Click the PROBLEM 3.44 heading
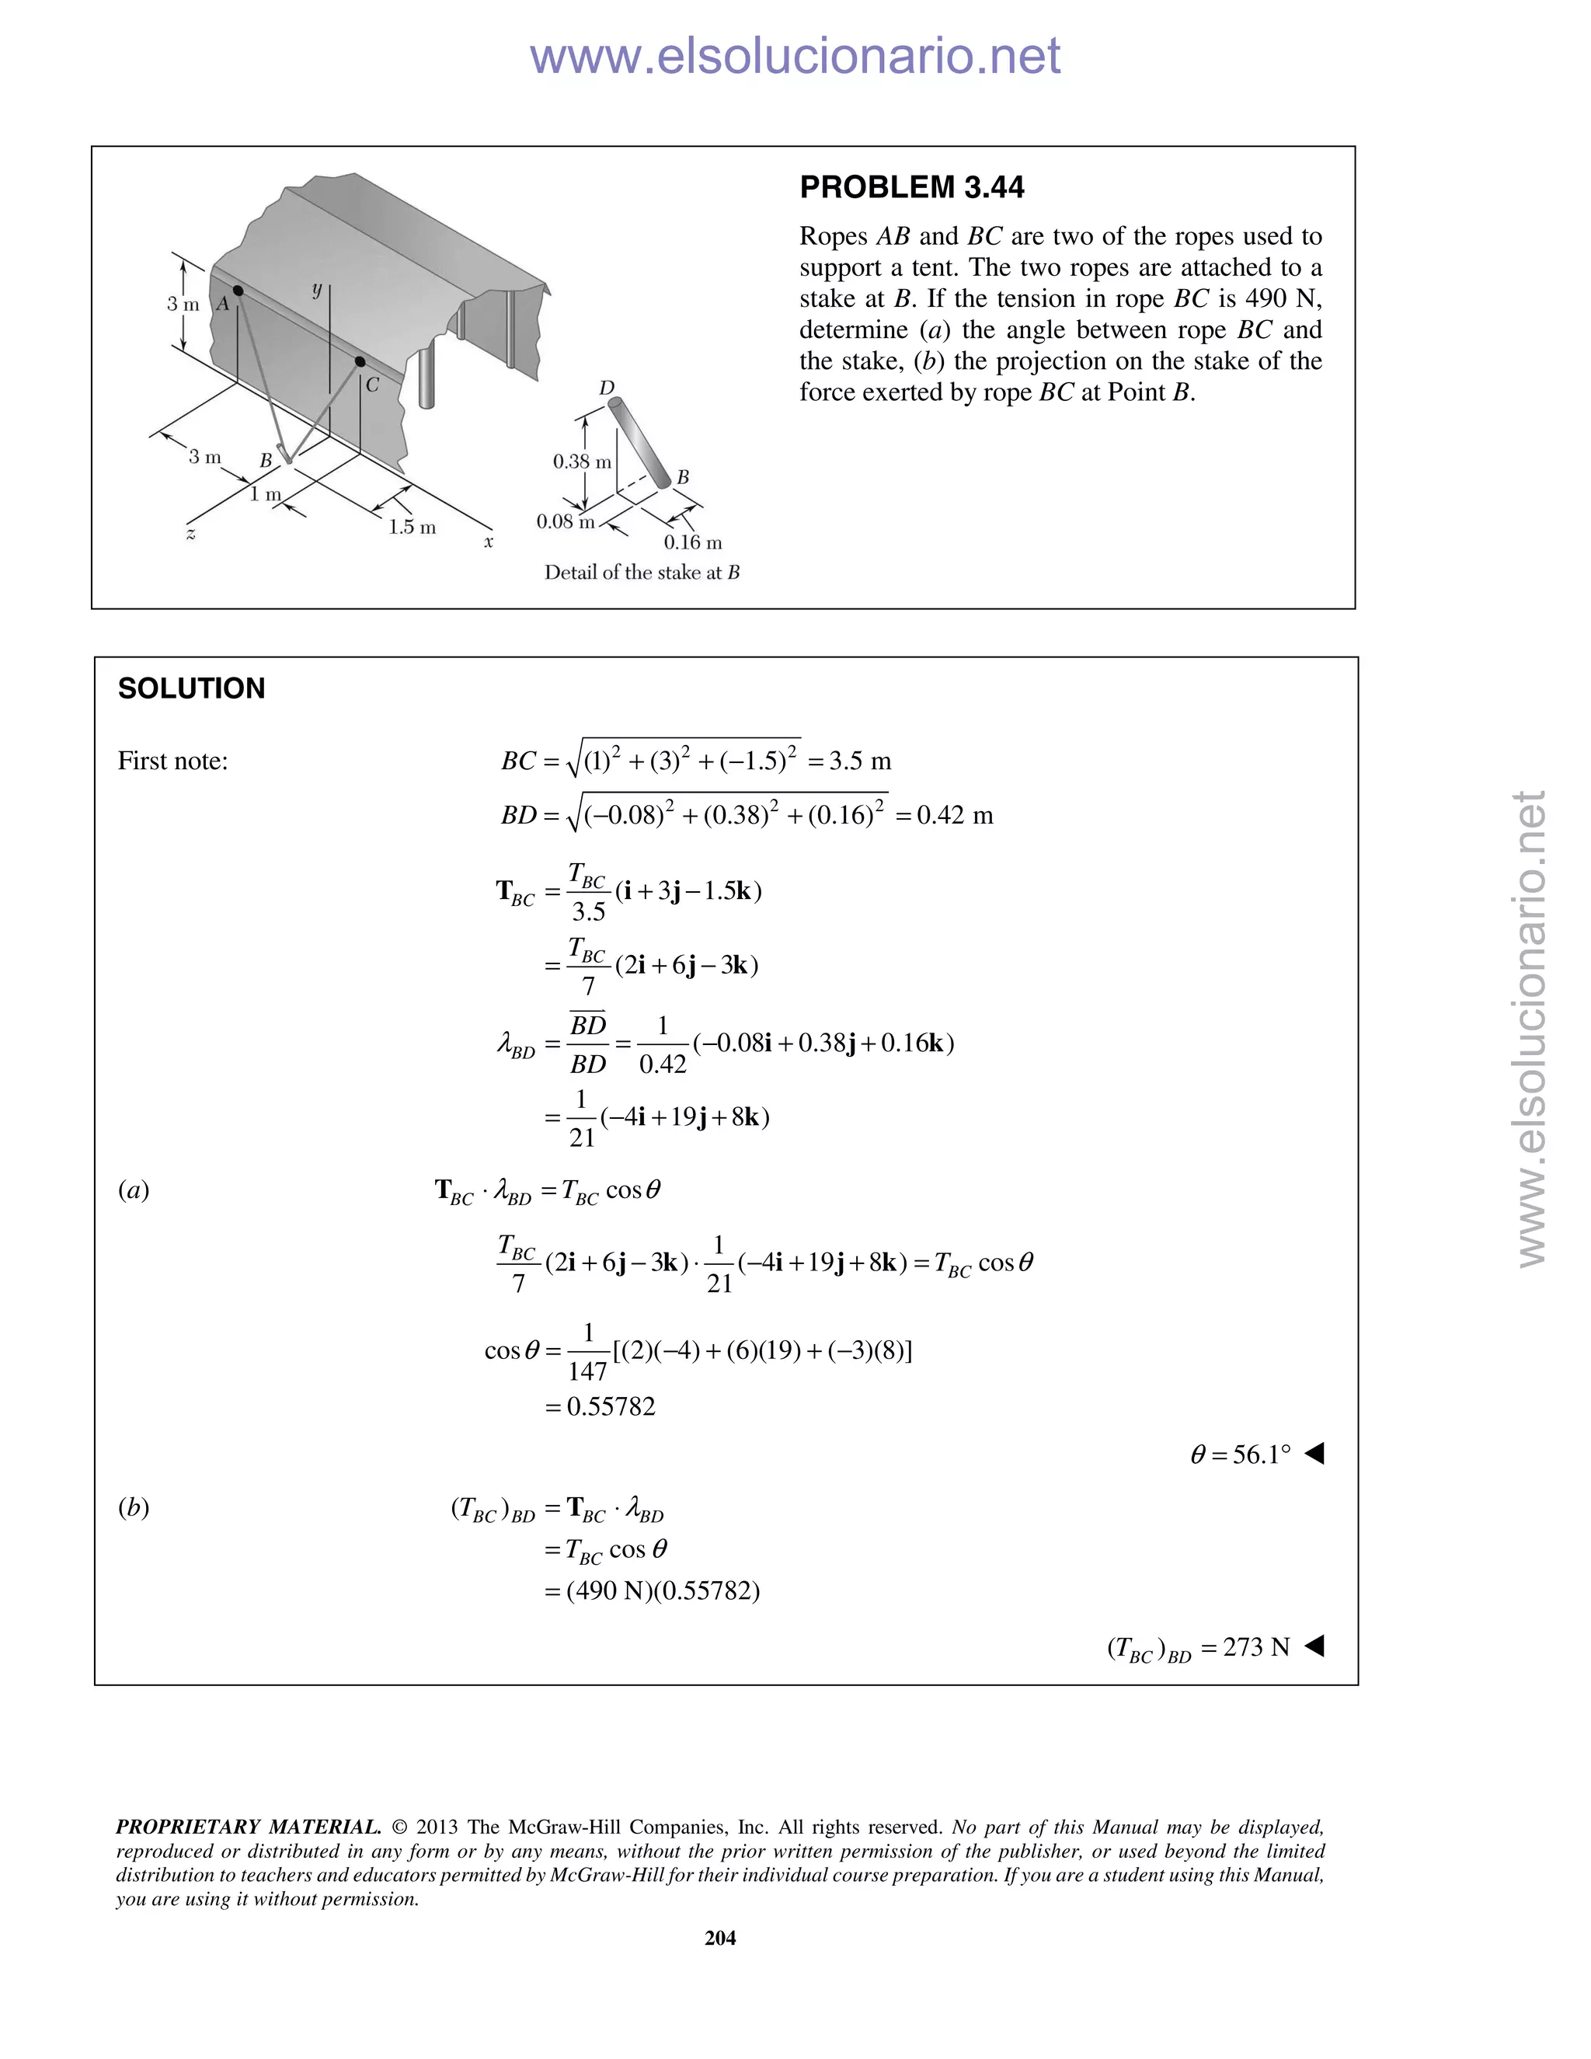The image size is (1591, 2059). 910,187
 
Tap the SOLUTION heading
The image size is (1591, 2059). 191,688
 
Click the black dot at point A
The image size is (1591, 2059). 238,291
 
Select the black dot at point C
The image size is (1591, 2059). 360,361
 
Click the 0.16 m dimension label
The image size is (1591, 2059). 693,542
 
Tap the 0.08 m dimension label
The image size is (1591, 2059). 566,521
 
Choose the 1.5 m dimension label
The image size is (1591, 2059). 412,527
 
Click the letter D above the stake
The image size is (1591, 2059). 607,388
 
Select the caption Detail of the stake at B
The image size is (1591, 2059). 642,573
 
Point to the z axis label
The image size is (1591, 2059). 191,535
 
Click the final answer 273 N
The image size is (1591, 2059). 1255,1647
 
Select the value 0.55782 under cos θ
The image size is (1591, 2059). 611,1406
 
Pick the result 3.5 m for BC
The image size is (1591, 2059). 860,761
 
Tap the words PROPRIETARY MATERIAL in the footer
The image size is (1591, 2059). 248,1827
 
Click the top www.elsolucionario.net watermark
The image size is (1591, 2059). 795,57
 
